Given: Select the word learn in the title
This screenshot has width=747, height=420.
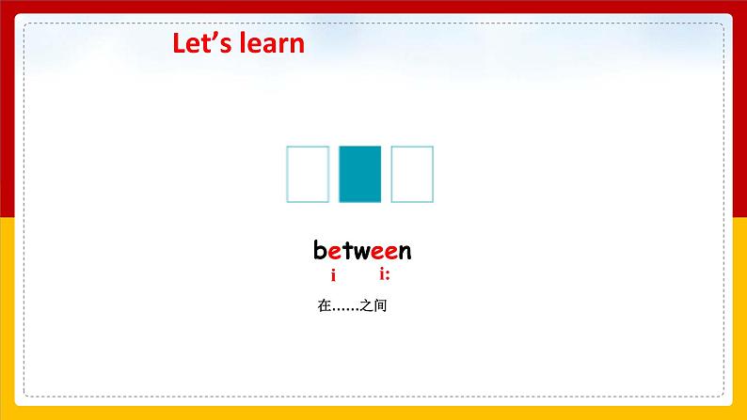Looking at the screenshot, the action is pyautogui.click(x=272, y=43).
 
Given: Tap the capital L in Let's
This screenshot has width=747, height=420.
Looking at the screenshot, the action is pyautogui.click(x=179, y=43).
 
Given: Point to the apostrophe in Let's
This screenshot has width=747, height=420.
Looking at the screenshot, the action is pyautogui.click(x=214, y=36).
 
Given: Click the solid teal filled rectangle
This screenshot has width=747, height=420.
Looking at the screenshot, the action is pyautogui.click(x=359, y=174).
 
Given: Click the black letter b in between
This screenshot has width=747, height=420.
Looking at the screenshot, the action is pyautogui.click(x=320, y=250).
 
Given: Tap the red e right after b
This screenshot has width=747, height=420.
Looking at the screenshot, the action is pyautogui.click(x=334, y=253).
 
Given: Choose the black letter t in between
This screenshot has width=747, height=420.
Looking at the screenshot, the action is pyautogui.click(x=347, y=251).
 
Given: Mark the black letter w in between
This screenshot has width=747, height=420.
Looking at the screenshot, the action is pyautogui.click(x=362, y=253).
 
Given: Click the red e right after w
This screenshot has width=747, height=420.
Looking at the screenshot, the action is pyautogui.click(x=378, y=253).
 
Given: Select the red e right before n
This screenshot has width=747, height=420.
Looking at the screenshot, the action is pyautogui.click(x=391, y=253).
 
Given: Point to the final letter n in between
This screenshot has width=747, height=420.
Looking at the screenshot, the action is pyautogui.click(x=405, y=253).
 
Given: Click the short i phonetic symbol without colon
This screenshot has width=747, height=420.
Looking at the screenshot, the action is pyautogui.click(x=333, y=275).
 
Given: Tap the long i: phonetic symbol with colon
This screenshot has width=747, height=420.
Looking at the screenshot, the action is pyautogui.click(x=385, y=274).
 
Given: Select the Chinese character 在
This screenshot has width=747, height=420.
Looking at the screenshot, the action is pyautogui.click(x=325, y=305).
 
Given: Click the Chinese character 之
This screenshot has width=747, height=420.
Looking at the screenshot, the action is pyautogui.click(x=366, y=305).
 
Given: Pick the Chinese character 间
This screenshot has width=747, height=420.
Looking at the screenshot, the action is pyautogui.click(x=380, y=305).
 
